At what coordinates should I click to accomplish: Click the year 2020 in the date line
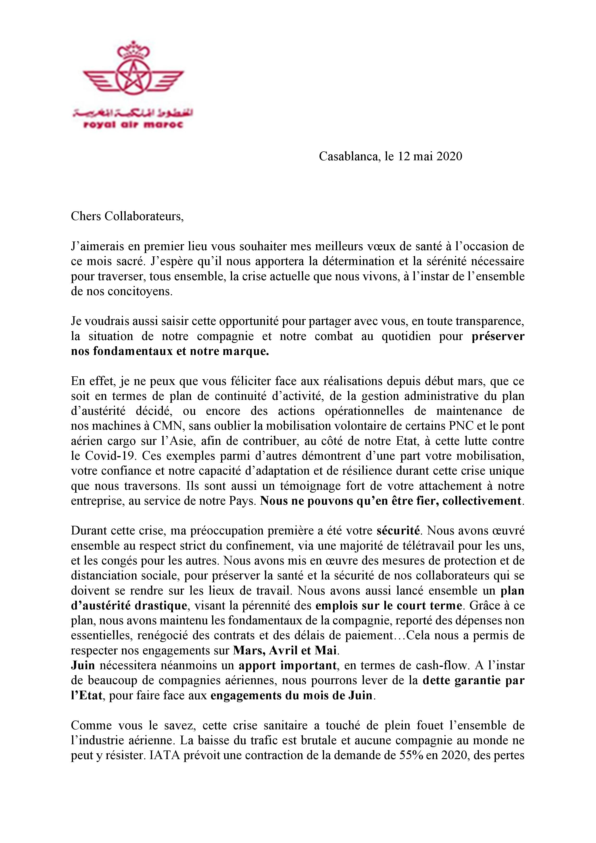point(449,156)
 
